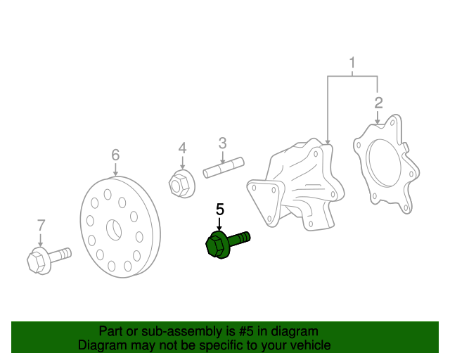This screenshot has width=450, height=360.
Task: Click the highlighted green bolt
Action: click(226, 245)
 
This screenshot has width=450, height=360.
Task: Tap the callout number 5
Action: click(220, 210)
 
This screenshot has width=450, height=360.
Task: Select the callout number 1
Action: click(352, 63)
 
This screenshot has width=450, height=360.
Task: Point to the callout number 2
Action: click(378, 103)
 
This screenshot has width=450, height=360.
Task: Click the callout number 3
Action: click(222, 143)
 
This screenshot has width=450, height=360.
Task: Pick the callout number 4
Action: click(182, 148)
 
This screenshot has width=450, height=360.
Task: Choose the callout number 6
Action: click(115, 155)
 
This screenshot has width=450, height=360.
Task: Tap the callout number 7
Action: click(41, 226)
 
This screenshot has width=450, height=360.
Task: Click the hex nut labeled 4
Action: click(181, 184)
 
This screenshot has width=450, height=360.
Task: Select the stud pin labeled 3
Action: click(224, 167)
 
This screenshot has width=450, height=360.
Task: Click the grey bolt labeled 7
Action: click(49, 260)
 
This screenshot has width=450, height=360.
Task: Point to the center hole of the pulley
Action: click(114, 230)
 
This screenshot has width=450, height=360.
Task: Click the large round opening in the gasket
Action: click(385, 162)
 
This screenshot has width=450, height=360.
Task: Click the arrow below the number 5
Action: click(219, 224)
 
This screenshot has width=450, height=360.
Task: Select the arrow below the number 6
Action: click(115, 169)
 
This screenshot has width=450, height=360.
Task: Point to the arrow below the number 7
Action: click(41, 240)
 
